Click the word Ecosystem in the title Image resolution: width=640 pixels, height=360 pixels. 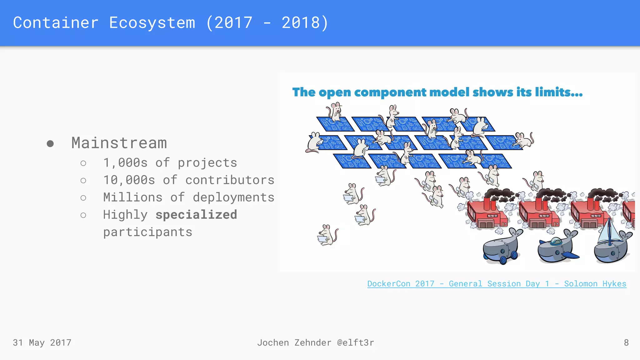(x=152, y=23)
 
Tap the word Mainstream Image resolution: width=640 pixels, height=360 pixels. (x=119, y=143)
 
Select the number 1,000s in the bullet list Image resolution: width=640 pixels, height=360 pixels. (x=125, y=163)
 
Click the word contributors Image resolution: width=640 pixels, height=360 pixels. (x=230, y=180)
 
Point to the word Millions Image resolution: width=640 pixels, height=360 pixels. (x=133, y=197)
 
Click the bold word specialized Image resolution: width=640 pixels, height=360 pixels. (x=196, y=215)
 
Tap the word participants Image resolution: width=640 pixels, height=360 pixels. (x=147, y=232)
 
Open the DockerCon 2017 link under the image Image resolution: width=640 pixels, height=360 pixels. (x=497, y=284)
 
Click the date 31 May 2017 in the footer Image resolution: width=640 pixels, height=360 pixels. (x=42, y=343)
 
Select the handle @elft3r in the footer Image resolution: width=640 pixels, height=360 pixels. (x=355, y=343)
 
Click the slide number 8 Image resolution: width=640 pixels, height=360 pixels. (x=626, y=343)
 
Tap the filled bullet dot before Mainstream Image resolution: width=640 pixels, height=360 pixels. (x=50, y=143)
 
